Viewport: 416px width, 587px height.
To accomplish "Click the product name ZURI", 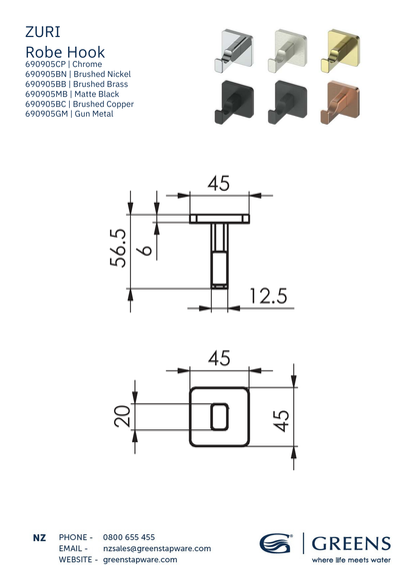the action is point(42,32).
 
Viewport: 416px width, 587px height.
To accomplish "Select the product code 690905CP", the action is point(45,64).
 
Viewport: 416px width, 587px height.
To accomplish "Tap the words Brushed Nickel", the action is point(102,74).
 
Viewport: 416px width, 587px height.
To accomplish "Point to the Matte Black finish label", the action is point(96,94).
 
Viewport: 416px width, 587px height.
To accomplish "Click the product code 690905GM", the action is point(47,114).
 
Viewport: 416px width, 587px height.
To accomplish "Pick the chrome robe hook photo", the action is point(233,50).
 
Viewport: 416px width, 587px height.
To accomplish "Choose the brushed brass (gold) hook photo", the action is point(340,51).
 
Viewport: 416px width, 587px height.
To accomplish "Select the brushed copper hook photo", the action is point(340,102).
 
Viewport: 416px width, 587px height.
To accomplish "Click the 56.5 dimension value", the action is point(118,248).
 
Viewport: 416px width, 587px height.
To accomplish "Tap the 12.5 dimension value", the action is point(268,295).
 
